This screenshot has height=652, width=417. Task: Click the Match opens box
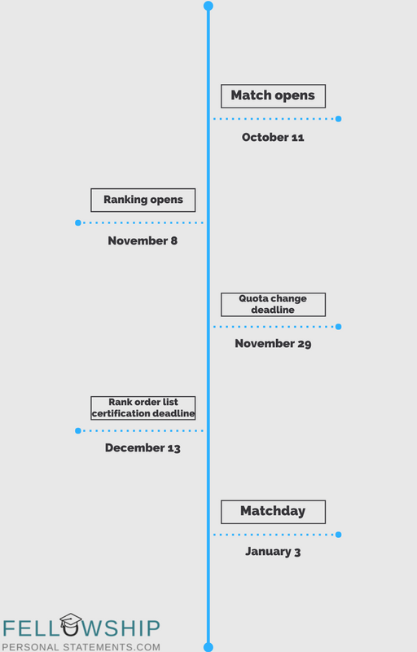tap(273, 96)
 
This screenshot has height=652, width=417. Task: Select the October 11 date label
tap(273, 137)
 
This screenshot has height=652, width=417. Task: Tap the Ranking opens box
tap(143, 200)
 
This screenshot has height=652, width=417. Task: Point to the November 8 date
tap(143, 240)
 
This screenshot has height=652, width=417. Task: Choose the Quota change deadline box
tap(273, 304)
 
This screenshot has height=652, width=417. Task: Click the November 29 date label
tap(273, 343)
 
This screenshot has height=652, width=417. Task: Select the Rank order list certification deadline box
tap(143, 408)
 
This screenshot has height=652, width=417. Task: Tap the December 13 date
tap(143, 447)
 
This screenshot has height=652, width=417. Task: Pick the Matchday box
tap(273, 512)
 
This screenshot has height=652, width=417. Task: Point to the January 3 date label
tap(273, 552)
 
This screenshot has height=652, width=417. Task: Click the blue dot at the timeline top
tap(208, 6)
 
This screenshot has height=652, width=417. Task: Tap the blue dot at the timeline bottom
tap(208, 647)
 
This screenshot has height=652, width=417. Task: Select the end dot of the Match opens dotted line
tap(339, 119)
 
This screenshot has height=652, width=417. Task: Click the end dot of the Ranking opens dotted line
tap(78, 222)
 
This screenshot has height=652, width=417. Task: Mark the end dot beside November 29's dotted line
tap(339, 327)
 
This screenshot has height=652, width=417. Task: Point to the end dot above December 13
tap(78, 431)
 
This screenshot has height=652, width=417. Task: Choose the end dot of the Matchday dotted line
tap(339, 535)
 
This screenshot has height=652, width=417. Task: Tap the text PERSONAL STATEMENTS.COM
tap(81, 647)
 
